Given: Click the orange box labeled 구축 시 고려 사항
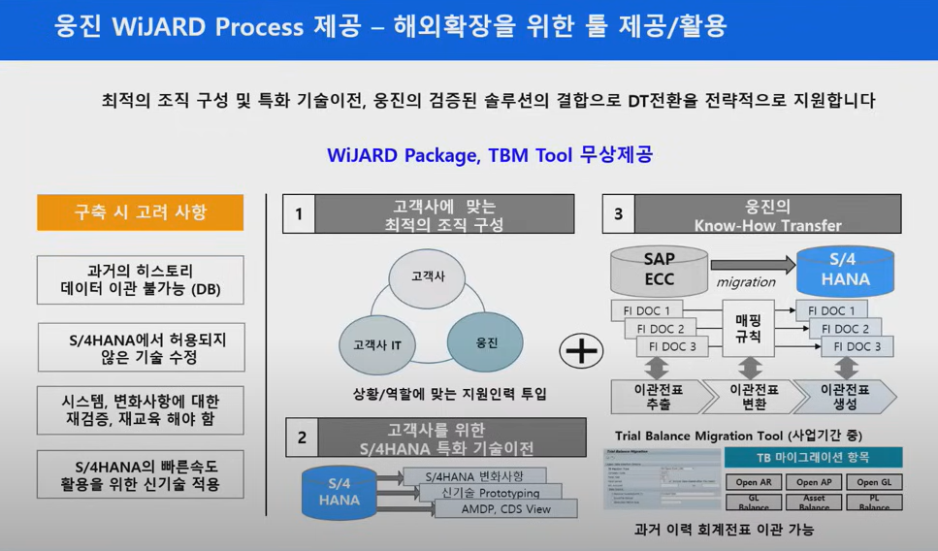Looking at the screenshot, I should pos(140,212).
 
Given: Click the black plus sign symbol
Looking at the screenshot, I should pos(583,350).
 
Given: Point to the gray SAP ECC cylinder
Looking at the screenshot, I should pos(659,271).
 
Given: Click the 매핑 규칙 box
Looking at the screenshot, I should pos(749,329).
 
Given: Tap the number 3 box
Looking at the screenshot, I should pos(619,214).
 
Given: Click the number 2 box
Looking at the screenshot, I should pos(302,438).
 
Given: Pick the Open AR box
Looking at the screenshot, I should pos(753,482).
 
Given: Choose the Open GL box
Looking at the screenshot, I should pos(874,482).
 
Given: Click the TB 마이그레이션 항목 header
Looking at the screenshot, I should pos(813,458).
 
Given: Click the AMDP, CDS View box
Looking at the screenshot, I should pos(504,509).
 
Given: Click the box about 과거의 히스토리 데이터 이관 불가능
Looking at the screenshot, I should pos(140,279).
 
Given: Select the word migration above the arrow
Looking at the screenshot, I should pos(746,282).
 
